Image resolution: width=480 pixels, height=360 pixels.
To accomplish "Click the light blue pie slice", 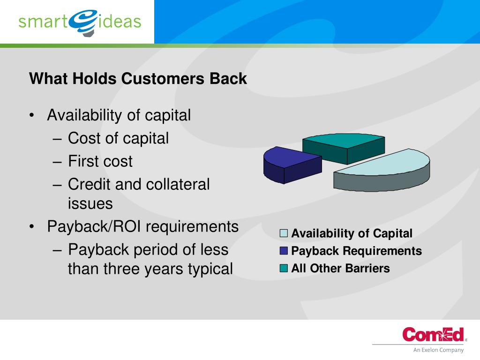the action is pos(382,170).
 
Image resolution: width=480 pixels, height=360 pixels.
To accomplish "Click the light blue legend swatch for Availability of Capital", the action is pos(284,233).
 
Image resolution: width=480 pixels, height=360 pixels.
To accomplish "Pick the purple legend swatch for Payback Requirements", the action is pos(284,251).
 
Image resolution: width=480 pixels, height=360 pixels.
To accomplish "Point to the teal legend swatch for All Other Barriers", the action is pos(284,268).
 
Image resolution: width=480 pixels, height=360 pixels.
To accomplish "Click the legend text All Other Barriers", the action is pos(340,269).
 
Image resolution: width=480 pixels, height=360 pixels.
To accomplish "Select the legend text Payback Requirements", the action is pos(357,251).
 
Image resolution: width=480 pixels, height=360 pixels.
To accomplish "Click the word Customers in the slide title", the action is pos(163,79).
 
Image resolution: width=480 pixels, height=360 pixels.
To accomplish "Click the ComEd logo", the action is pos(433,334).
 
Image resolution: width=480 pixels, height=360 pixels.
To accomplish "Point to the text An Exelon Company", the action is pos(438,350).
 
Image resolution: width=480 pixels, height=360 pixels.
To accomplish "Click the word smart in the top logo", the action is pos(43,22).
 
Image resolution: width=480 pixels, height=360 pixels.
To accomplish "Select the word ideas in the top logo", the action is pos(120,21).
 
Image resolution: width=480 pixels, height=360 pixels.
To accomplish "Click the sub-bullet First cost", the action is pos(100,161).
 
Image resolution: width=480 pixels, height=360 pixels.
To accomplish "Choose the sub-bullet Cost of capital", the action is pos(118,139).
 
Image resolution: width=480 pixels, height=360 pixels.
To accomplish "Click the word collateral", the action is pos(178,184).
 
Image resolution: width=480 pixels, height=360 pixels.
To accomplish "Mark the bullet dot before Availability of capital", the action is pos(31,115).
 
